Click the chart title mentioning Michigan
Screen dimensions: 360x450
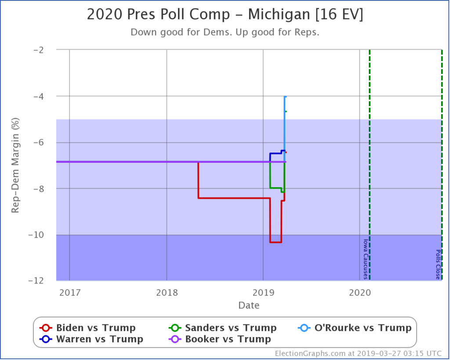tap(225, 15)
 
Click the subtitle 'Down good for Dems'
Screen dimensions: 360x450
tap(225, 33)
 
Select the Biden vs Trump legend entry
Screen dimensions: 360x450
tap(88, 328)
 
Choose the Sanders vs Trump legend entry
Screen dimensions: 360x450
tap(223, 328)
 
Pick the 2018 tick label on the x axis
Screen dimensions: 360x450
tap(167, 292)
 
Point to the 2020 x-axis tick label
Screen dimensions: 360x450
tap(359, 292)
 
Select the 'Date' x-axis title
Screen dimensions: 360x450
tap(249, 305)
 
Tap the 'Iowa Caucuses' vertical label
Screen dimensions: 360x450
tap(365, 259)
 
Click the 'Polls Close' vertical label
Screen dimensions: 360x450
tap(438, 264)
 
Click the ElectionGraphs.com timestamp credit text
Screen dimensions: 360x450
tap(359, 353)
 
